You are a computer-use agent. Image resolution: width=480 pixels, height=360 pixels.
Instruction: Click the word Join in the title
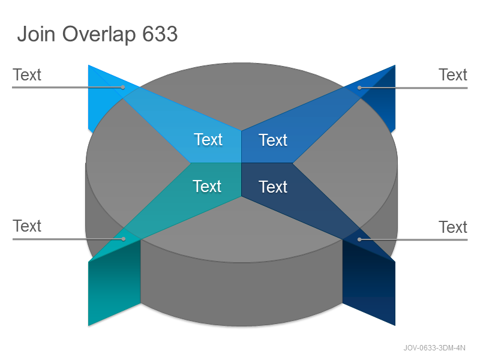(36, 34)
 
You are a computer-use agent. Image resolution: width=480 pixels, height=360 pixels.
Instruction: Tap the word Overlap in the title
(99, 34)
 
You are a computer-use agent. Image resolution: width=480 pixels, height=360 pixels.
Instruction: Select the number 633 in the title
(160, 34)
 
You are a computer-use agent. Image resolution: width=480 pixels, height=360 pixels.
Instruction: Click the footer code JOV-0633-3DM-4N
(434, 348)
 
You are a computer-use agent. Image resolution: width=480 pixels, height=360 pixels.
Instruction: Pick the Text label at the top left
(27, 74)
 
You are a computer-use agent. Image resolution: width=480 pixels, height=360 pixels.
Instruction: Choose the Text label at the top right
(453, 74)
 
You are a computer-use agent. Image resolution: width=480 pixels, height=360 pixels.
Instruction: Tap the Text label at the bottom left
(27, 226)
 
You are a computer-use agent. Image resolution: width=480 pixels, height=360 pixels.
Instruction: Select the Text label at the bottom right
(453, 227)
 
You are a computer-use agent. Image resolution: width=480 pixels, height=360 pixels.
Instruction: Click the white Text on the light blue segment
(208, 140)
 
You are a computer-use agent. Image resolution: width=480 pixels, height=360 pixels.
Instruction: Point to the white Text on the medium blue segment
(273, 140)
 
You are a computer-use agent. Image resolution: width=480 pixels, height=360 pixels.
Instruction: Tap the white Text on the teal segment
(207, 186)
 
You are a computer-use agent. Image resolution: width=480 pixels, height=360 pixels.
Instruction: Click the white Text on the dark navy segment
(273, 187)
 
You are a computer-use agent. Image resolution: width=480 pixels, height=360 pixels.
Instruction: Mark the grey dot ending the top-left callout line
(123, 87)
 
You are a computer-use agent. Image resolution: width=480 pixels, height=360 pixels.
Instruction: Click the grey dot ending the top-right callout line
(359, 88)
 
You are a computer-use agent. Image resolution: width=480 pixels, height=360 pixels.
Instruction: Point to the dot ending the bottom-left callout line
(124, 239)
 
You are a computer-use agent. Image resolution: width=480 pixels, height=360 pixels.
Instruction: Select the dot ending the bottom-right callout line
(359, 239)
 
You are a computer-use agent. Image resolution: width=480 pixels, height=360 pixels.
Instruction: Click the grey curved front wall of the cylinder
(241, 294)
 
